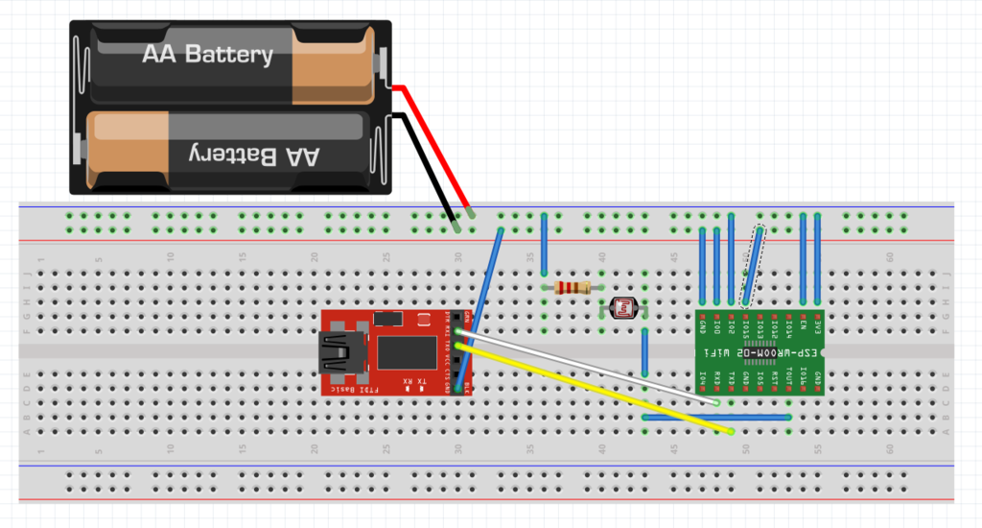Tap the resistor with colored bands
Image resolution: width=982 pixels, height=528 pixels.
pos(573,287)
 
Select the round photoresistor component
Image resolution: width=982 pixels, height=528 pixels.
pos(625,308)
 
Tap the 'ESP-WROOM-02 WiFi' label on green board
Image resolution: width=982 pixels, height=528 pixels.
pos(759,353)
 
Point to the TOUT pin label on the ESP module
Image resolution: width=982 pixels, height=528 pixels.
pos(789,376)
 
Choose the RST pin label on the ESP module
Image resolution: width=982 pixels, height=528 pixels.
pos(774,376)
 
